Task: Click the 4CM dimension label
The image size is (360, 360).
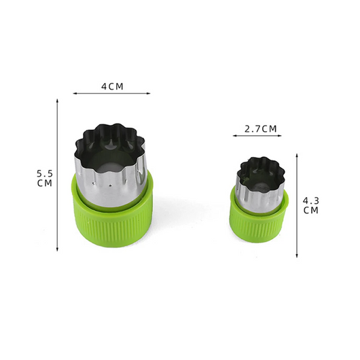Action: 112,86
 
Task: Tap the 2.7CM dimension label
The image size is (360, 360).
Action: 261,129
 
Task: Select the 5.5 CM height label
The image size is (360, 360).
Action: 45,179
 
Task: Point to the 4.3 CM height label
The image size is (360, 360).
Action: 311,206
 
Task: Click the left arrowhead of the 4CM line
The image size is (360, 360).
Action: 74,94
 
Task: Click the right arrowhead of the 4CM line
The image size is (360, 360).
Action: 149,94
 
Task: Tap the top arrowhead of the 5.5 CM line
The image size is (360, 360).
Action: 58,101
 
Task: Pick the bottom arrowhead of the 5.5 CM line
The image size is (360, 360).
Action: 58,249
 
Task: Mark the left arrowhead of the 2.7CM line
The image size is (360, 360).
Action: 234,136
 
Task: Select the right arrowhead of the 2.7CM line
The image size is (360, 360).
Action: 280,136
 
